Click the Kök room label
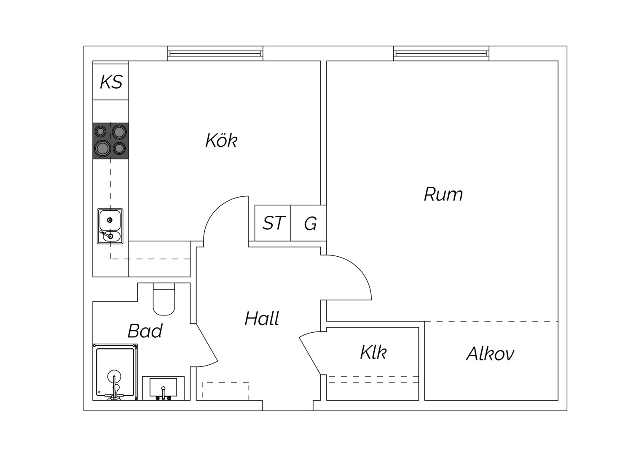(221, 140)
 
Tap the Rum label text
(443, 194)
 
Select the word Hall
(262, 318)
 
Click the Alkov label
(490, 353)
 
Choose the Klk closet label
(373, 352)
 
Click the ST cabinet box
(273, 223)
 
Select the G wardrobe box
(309, 223)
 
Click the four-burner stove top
(111, 141)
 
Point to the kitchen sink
(110, 226)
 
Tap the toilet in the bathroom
(164, 299)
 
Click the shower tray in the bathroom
(115, 372)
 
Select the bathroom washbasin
(163, 388)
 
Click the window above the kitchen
(215, 53)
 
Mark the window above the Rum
(441, 53)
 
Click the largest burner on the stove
(102, 148)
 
